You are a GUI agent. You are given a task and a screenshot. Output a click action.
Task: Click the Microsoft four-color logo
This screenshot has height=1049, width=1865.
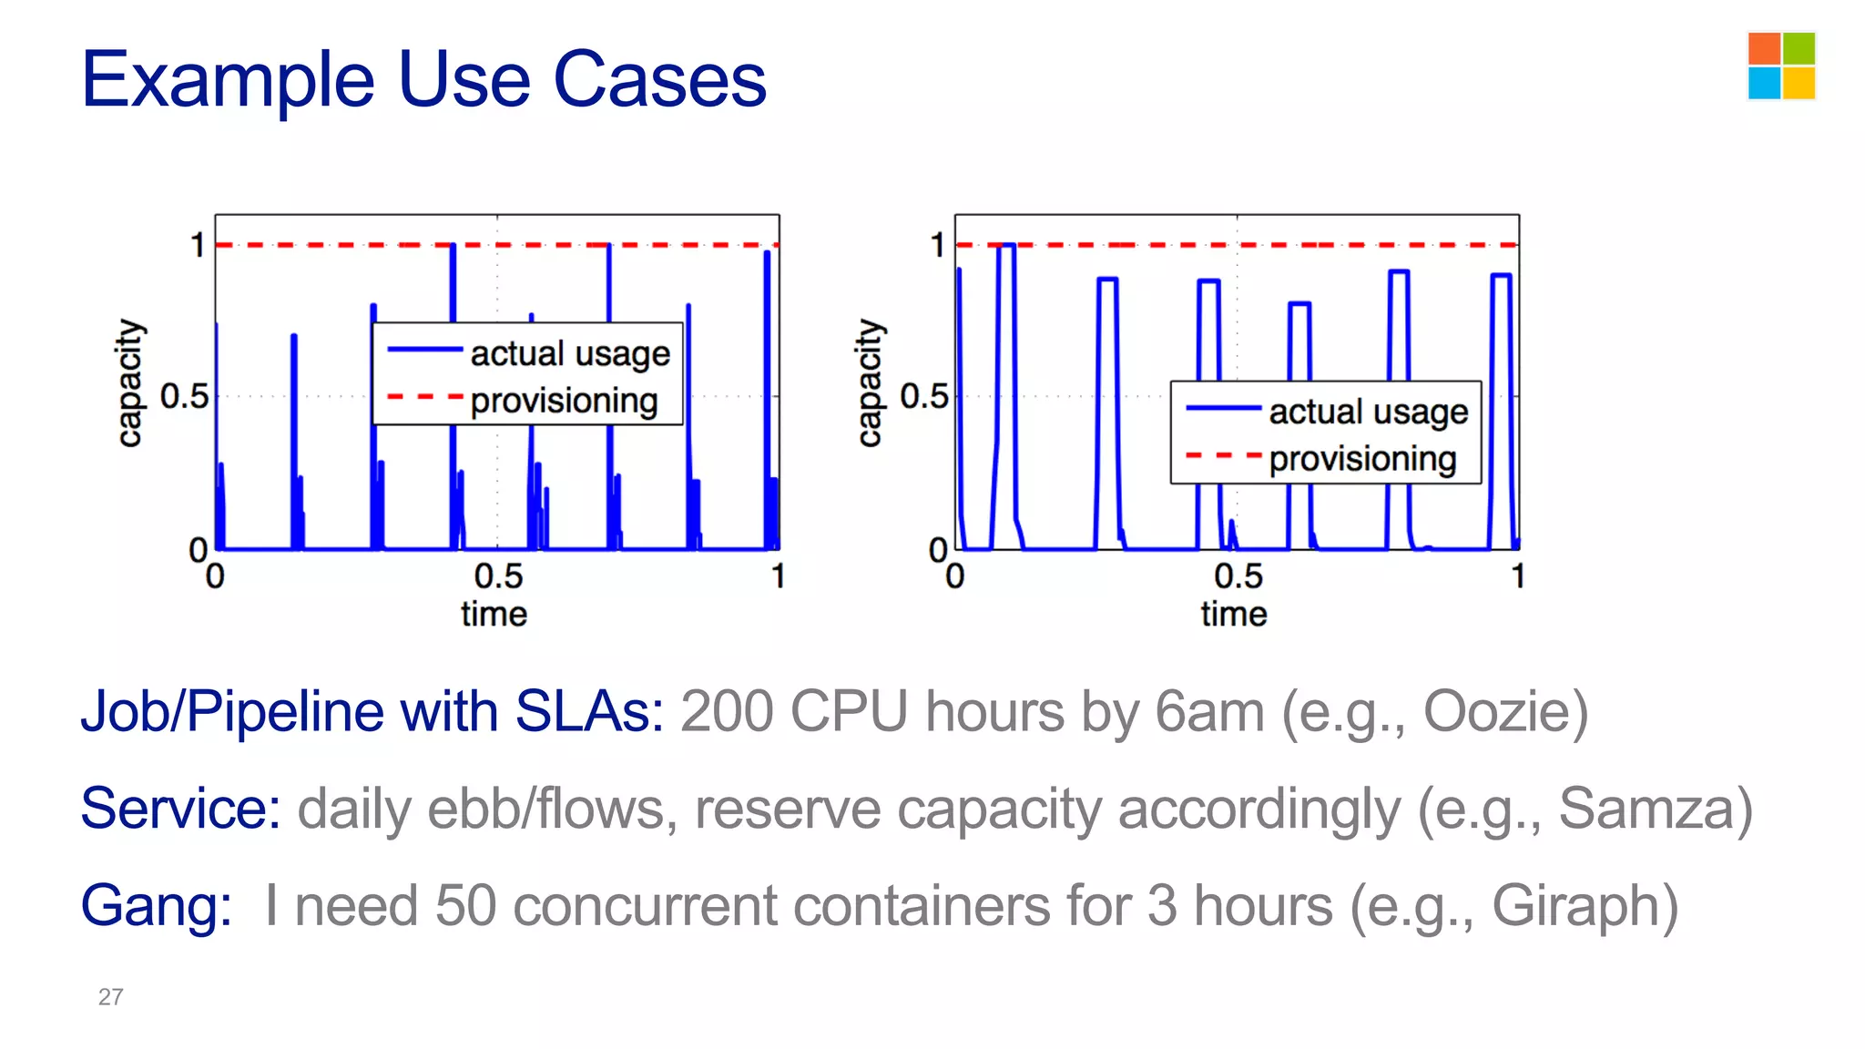click(x=1781, y=66)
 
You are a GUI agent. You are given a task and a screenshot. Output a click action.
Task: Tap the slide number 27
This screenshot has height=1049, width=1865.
click(x=110, y=996)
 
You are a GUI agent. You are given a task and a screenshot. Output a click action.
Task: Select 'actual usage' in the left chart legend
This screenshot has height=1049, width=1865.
click(x=569, y=353)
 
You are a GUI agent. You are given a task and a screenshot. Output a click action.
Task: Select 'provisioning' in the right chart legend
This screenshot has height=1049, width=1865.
click(x=1362, y=459)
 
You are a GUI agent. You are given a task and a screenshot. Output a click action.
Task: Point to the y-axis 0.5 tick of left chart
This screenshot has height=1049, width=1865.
click(x=184, y=397)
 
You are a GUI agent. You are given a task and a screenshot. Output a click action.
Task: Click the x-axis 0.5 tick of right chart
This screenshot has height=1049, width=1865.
click(x=1238, y=576)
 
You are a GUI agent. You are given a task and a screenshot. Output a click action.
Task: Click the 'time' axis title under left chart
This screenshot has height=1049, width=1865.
click(x=494, y=614)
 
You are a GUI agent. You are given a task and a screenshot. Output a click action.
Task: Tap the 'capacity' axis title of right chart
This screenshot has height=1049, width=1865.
click(x=870, y=382)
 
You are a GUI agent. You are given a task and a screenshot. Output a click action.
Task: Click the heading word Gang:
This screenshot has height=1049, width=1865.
click(x=156, y=906)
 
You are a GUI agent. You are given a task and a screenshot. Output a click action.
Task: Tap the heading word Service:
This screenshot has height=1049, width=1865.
click(x=180, y=809)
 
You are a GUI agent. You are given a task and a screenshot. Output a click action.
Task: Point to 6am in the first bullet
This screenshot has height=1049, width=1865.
click(x=1209, y=711)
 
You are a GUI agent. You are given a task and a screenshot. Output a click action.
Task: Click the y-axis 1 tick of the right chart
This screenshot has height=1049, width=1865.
click(x=937, y=245)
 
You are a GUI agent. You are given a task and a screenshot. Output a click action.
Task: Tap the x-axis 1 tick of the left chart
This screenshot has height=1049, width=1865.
click(x=778, y=576)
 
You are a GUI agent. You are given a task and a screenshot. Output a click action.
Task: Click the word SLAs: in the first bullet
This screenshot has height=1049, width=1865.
click(x=589, y=711)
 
